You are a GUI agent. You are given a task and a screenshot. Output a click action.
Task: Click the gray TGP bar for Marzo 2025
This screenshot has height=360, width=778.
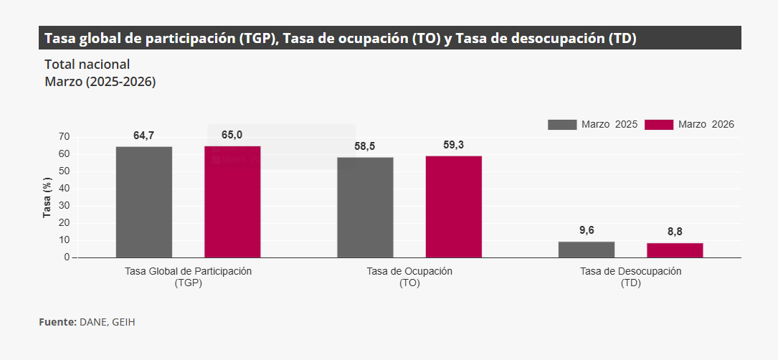point(144,202)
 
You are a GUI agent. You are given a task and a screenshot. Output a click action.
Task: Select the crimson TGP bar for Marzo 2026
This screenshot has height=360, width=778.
point(232,202)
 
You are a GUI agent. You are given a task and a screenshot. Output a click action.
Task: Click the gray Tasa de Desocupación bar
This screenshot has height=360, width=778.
point(587,250)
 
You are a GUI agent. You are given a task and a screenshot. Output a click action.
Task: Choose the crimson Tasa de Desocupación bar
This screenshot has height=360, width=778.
point(675,250)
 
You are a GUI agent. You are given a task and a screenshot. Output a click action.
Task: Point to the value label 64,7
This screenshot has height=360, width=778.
point(144,136)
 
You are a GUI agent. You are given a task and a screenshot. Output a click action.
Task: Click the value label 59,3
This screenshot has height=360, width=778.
point(453,145)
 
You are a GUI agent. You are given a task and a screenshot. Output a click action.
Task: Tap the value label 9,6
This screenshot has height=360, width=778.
point(587,230)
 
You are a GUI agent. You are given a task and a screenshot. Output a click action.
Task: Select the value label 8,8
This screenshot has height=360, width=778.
point(675,232)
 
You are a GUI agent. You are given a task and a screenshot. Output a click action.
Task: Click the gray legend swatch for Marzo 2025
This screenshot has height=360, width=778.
point(562,125)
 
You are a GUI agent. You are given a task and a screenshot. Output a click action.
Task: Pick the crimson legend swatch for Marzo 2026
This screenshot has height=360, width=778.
point(659,125)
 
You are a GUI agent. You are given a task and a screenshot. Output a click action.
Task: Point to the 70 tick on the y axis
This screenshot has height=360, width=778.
point(65,137)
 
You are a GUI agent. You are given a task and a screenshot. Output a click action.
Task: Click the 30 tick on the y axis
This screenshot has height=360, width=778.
point(65,206)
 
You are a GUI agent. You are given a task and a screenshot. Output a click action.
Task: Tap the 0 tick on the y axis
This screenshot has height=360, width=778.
point(67,257)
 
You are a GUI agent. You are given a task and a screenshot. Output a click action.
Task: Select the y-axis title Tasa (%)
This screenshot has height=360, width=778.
point(47,197)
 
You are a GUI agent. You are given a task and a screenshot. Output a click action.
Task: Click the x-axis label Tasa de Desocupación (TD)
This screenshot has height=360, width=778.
point(630,277)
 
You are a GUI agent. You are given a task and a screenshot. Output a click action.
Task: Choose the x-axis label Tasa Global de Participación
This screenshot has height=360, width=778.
point(189,272)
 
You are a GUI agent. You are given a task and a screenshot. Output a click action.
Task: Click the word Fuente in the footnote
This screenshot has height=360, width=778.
point(57,322)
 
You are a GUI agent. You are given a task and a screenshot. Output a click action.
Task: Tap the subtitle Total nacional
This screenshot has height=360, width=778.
point(87,64)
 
